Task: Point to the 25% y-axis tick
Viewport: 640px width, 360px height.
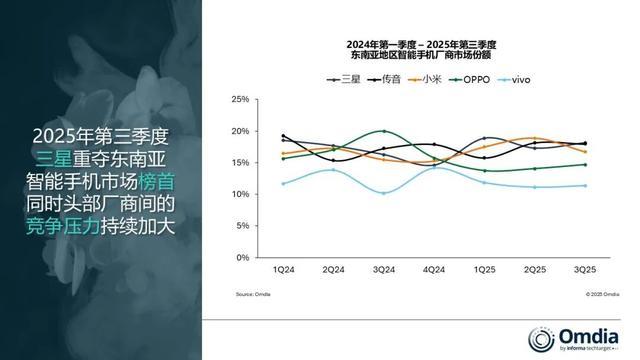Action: [x=240, y=100]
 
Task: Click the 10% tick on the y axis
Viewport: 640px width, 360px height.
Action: [x=240, y=194]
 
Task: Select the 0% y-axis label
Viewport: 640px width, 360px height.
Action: [x=243, y=257]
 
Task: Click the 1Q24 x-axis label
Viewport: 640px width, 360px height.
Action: [x=284, y=270]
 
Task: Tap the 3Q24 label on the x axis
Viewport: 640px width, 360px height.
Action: [x=383, y=270]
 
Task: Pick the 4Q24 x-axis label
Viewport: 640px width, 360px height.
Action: [x=433, y=270]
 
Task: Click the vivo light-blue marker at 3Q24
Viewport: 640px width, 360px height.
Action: [x=383, y=193]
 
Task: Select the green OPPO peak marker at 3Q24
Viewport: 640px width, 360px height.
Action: [x=383, y=131]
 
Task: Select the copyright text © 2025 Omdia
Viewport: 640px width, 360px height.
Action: [x=586, y=294]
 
